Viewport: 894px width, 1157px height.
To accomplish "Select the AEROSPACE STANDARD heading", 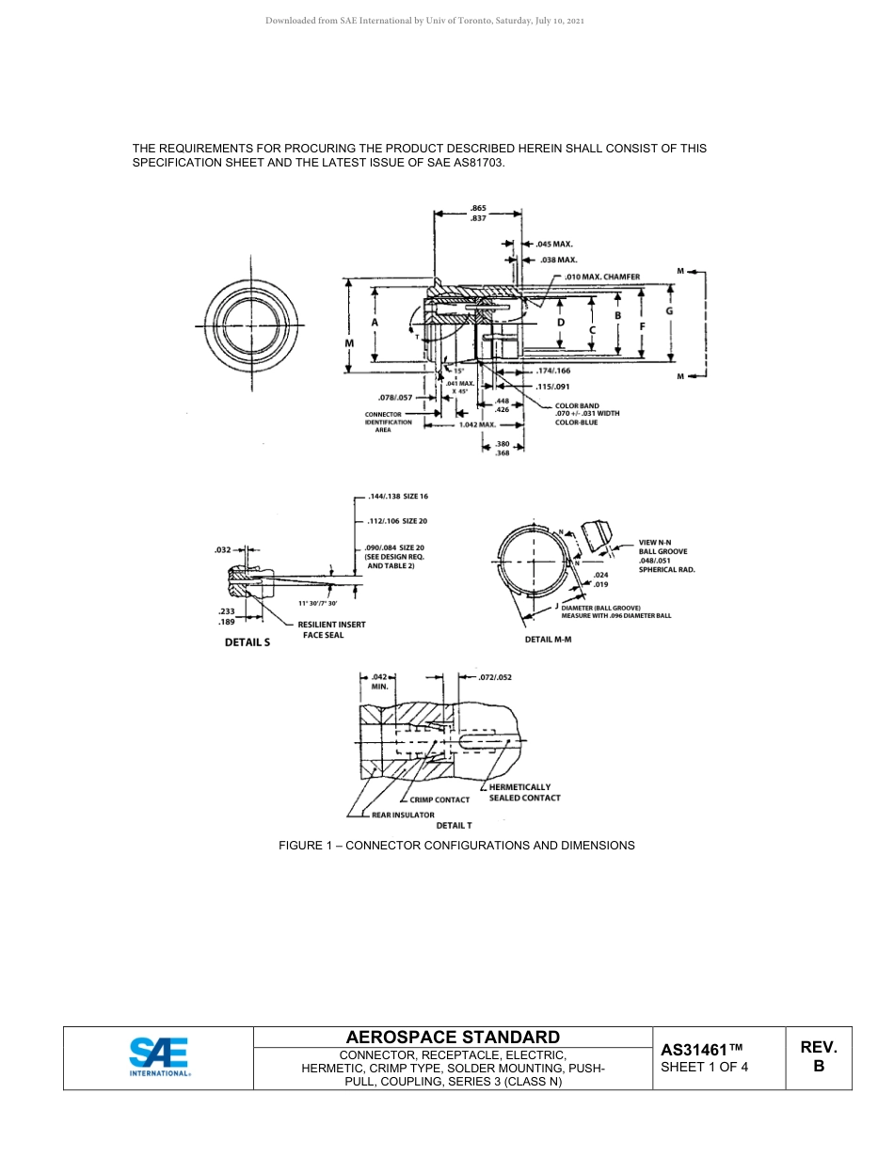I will pyautogui.click(x=453, y=1037).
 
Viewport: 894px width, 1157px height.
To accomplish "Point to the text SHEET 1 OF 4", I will pyautogui.click(x=705, y=1067).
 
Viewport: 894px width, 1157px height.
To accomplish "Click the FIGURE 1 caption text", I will pyautogui.click(x=456, y=845).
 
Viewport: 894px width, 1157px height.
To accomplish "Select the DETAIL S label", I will pyautogui.click(x=247, y=642).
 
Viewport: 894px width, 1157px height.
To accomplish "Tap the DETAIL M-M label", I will pyautogui.click(x=548, y=639).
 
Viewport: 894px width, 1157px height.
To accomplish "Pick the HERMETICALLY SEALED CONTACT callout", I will pyautogui.click(x=524, y=792).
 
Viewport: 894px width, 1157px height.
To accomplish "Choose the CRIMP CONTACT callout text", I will pyautogui.click(x=439, y=800).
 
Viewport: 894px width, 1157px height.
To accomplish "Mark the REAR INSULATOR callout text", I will pyautogui.click(x=403, y=815).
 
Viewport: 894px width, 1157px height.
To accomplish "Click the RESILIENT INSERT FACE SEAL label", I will pyautogui.click(x=331, y=629).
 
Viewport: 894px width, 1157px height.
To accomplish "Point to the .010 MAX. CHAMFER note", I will pyautogui.click(x=602, y=277).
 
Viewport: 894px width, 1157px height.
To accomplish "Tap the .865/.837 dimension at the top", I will pyautogui.click(x=478, y=213).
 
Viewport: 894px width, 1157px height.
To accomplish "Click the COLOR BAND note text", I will pyautogui.click(x=586, y=414).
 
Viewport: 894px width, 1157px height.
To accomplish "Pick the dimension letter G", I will pyautogui.click(x=669, y=310).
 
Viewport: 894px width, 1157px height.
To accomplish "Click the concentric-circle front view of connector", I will pyautogui.click(x=251, y=325).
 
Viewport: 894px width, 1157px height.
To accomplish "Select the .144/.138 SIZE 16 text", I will pyautogui.click(x=398, y=496).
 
